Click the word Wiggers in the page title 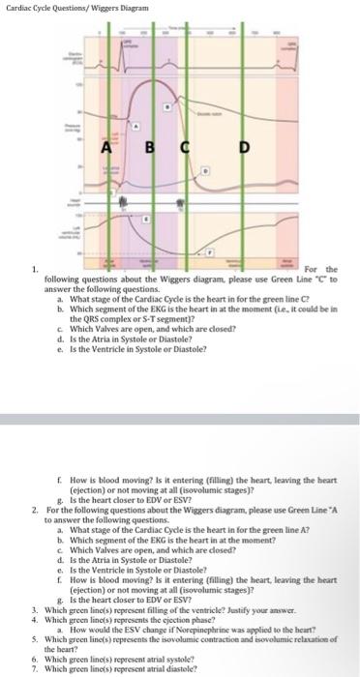[102, 7]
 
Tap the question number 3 [34, 598]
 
